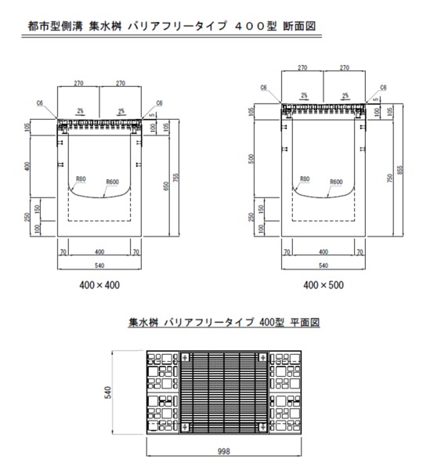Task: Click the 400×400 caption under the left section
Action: [99, 285]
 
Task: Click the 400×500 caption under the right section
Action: [324, 285]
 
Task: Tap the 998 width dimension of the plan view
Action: [223, 451]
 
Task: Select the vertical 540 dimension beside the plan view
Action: [108, 392]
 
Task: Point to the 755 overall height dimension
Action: [176, 178]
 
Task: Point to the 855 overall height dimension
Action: [400, 170]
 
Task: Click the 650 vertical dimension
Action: [167, 186]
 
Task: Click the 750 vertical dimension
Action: [390, 178]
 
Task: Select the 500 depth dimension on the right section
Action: [251, 158]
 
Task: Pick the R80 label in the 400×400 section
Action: [81, 179]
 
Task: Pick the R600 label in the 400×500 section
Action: [336, 182]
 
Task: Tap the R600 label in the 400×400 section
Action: [113, 182]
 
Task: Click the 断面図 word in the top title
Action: [299, 26]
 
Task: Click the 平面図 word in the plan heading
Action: [305, 322]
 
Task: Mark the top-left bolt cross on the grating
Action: [185, 357]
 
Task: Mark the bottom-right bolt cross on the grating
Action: [262, 426]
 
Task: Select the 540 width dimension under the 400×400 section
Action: [99, 266]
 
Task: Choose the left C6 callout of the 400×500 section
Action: [263, 88]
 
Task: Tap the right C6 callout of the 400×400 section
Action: [159, 103]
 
